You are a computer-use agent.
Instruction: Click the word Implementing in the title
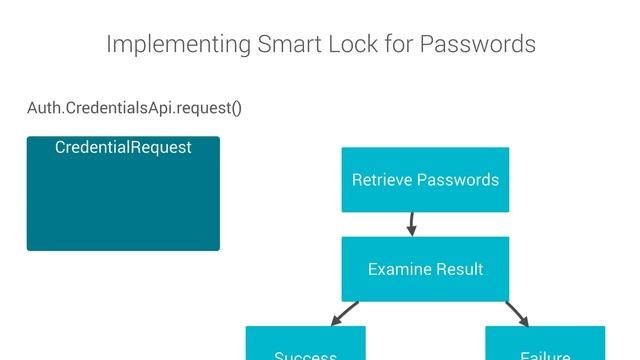pyautogui.click(x=177, y=45)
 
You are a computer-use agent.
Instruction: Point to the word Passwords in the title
pyautogui.click(x=477, y=45)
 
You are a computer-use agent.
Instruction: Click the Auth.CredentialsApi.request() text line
pyautogui.click(x=134, y=107)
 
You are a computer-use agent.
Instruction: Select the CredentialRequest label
pyautogui.click(x=123, y=148)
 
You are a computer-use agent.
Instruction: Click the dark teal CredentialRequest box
pyautogui.click(x=123, y=200)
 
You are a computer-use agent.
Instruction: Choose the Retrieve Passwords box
pyautogui.click(x=425, y=180)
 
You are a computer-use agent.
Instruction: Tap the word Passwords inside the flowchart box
pyautogui.click(x=457, y=180)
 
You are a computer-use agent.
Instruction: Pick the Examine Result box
pyautogui.click(x=425, y=269)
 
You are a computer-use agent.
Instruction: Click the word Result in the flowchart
pyautogui.click(x=459, y=269)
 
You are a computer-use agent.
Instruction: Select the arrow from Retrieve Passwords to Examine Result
pyautogui.click(x=411, y=224)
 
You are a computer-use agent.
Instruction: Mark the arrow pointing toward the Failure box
pyautogui.click(x=517, y=313)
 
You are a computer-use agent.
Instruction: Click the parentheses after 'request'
pyautogui.click(x=236, y=107)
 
